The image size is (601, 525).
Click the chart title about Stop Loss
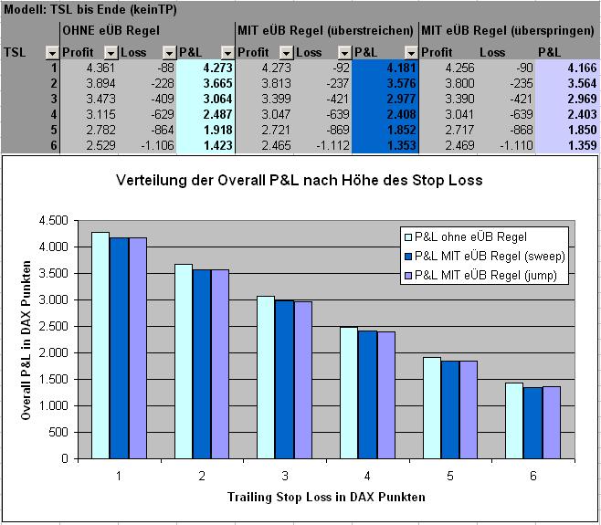pos(299,180)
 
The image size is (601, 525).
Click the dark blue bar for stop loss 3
pos(283,378)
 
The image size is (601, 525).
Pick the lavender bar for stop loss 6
pos(551,421)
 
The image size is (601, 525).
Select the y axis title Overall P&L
pos(27,339)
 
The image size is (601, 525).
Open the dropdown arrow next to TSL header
pos(52,53)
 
